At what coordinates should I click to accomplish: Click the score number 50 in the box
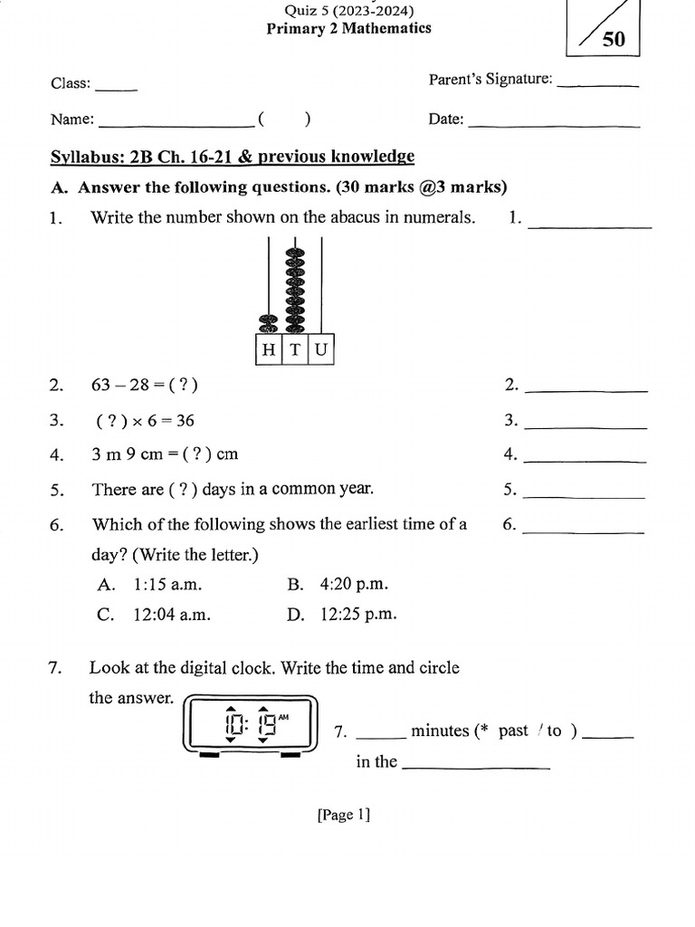(613, 41)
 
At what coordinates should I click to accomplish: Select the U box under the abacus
(321, 350)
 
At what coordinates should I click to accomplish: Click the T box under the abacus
(295, 350)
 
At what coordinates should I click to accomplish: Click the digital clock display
(251, 724)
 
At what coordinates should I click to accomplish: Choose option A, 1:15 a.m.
(155, 585)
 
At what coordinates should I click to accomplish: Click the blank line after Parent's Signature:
(598, 85)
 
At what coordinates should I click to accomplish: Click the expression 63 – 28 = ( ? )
(145, 386)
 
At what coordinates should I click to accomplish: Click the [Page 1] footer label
(344, 815)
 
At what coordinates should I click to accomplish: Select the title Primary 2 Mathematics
(348, 28)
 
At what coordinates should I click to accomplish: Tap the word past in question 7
(513, 731)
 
